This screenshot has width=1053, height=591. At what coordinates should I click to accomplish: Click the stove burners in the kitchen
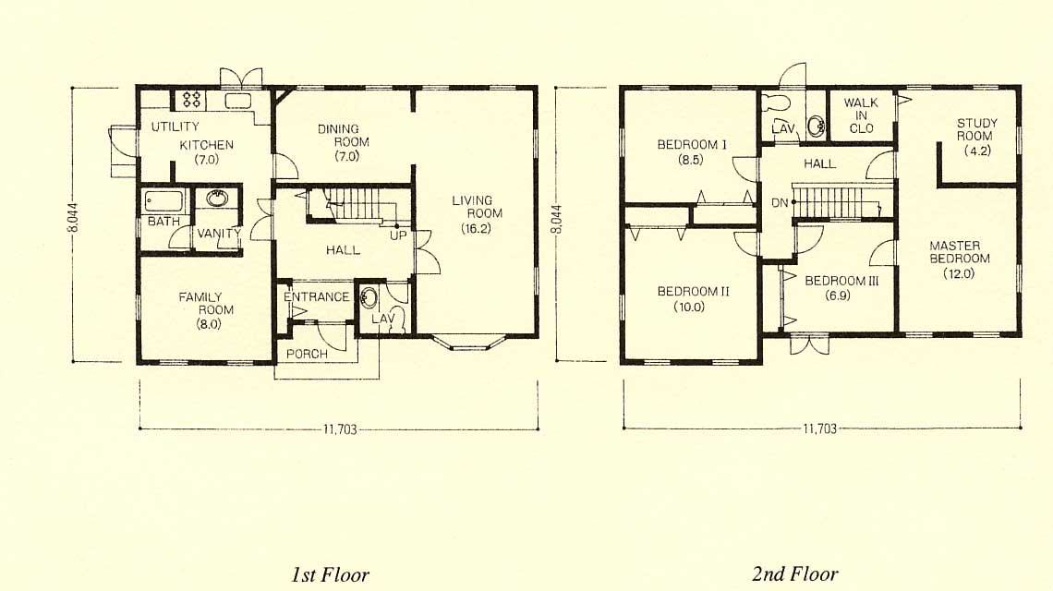point(192,100)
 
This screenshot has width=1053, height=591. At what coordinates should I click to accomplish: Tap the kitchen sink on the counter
point(237,101)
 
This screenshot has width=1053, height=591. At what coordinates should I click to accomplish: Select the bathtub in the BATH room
point(163,201)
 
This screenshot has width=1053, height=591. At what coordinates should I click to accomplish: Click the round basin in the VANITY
point(217,199)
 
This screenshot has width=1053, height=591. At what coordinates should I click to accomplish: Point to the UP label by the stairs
point(398,235)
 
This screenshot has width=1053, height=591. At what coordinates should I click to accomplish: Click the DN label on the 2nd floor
point(779,203)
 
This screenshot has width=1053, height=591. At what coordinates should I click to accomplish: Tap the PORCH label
point(307,354)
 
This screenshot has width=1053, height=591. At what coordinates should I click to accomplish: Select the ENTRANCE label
point(316,296)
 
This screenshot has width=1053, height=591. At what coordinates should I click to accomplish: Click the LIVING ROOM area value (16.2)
point(476,228)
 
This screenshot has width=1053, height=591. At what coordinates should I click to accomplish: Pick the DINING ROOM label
point(344,135)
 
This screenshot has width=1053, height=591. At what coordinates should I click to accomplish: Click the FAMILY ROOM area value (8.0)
point(206,324)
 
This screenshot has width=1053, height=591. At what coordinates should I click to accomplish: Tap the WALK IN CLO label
point(861,115)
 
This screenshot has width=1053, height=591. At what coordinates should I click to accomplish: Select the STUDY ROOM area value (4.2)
point(977,151)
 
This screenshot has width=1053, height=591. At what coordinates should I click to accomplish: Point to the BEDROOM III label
point(841,281)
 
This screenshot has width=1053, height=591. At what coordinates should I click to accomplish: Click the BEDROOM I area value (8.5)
point(690,160)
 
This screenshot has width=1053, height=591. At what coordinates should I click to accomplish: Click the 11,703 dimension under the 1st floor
point(340,429)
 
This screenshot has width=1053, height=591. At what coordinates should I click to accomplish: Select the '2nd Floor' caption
point(795,574)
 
